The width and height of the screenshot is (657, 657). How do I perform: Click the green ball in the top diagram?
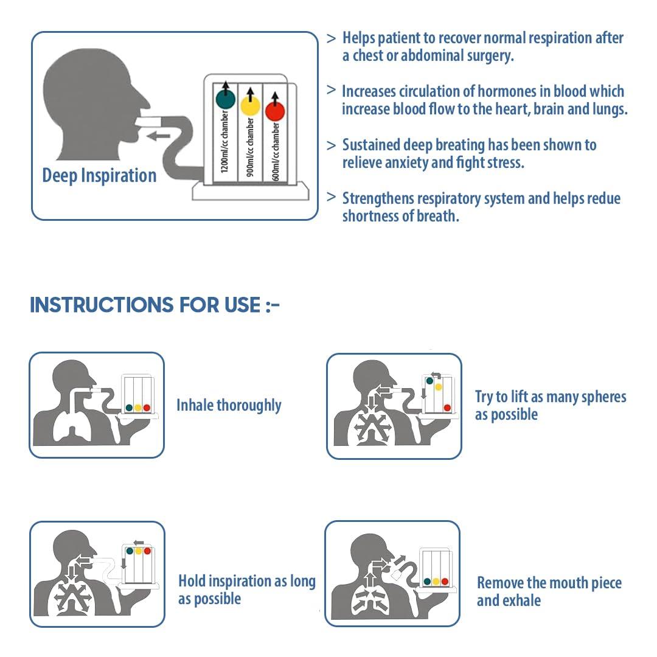pos(226,99)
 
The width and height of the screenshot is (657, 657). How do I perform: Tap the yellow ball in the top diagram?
pos(250,106)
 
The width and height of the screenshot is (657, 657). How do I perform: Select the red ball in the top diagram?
pos(275,111)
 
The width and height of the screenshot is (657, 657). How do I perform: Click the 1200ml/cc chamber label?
pos(224,142)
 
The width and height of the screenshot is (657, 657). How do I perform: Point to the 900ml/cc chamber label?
pos(250,147)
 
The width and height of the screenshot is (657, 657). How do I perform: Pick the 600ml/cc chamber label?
pos(276,151)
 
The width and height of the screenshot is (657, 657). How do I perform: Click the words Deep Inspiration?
pos(99,176)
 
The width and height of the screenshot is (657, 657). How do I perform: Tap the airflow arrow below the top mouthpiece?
pos(158,136)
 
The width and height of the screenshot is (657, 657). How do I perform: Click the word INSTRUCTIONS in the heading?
pos(102,305)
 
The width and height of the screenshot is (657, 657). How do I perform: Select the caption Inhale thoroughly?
pos(229,406)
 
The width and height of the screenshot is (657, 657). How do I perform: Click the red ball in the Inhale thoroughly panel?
pos(147,408)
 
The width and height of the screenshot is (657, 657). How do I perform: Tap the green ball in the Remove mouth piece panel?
pos(427,582)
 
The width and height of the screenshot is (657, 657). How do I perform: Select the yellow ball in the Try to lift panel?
pos(438,387)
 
